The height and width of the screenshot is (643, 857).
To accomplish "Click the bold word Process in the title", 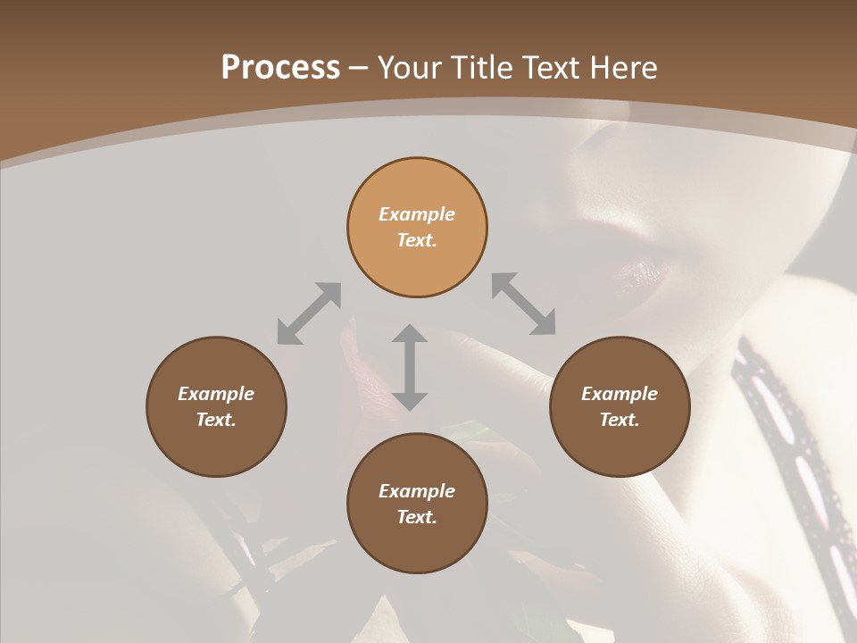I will (x=280, y=68).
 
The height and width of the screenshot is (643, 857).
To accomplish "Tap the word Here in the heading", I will (x=624, y=68).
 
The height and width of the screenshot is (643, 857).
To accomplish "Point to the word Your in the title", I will (x=407, y=68).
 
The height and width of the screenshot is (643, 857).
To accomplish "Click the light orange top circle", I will (x=417, y=227).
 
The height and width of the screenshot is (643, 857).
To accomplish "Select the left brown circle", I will (x=216, y=406).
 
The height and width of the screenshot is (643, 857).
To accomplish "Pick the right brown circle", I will (x=619, y=406).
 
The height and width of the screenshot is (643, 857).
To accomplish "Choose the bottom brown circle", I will (x=417, y=503).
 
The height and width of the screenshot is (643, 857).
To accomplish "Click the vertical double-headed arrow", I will (x=409, y=366).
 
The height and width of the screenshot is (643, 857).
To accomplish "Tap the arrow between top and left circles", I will (x=309, y=313).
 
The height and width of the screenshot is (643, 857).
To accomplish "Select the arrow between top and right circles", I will (x=524, y=305).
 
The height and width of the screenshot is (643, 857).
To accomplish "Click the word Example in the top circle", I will (x=417, y=214).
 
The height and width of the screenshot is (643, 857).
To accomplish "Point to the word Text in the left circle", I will (x=216, y=420).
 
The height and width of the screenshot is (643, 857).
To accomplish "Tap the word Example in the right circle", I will (x=619, y=394).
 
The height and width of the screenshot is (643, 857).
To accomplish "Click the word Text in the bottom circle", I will (x=417, y=517).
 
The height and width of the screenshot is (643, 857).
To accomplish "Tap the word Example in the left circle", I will (x=216, y=394).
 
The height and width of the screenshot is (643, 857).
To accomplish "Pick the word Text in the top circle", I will (x=417, y=240).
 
